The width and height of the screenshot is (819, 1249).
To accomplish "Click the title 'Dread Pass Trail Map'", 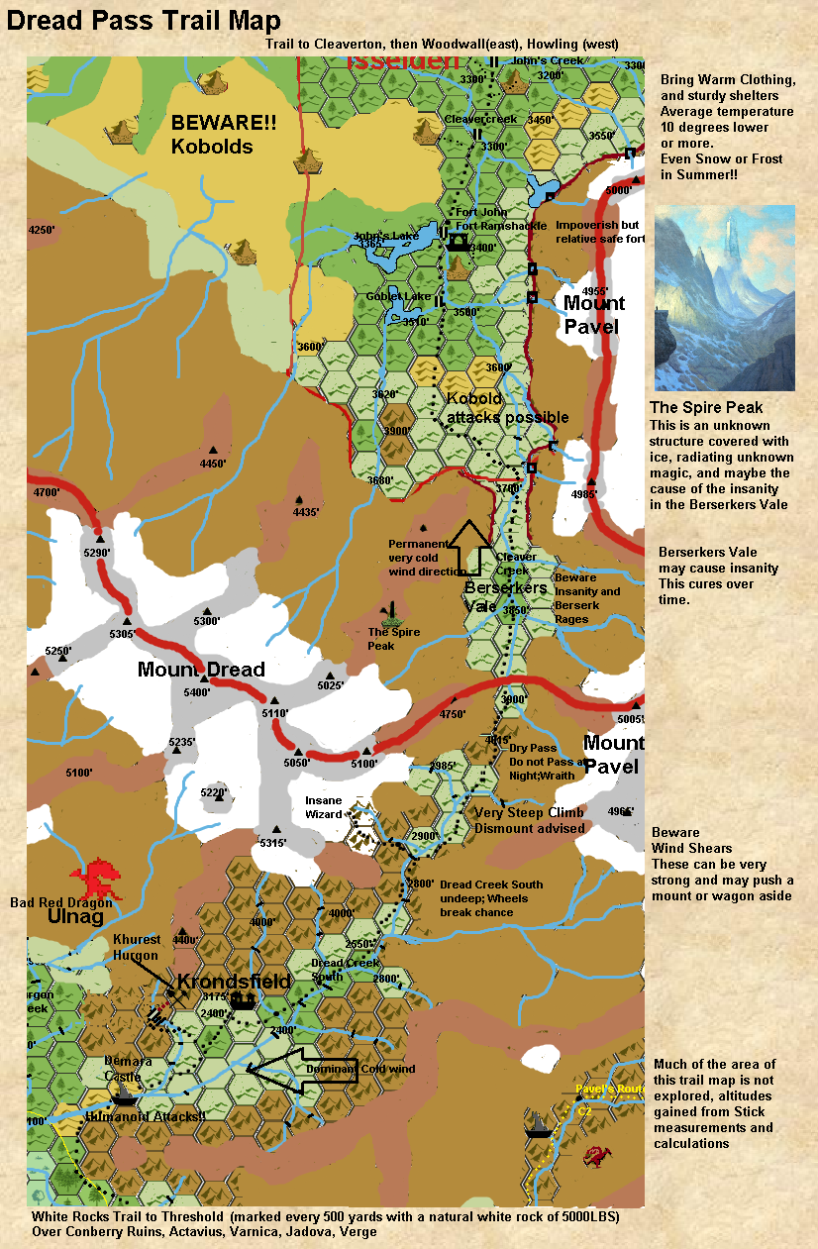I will (144, 21).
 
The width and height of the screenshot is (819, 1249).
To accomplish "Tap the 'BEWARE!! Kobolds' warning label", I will (212, 135).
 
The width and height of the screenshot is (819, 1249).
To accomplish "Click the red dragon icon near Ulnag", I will (98, 877).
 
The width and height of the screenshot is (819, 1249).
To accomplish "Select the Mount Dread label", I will (202, 670).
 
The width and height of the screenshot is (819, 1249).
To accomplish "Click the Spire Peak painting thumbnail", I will (724, 297).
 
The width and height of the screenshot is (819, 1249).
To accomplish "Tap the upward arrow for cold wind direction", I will (471, 547).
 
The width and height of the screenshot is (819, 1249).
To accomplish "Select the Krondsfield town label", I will (234, 982).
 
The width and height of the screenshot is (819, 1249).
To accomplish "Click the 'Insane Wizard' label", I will (324, 806).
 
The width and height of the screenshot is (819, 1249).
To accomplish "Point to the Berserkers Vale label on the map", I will (505, 596).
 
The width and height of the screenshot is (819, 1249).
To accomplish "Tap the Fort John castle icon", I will (459, 241).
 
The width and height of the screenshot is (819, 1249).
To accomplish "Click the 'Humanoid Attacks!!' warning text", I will (146, 1116).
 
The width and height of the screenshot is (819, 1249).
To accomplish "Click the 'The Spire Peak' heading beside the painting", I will (706, 407).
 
